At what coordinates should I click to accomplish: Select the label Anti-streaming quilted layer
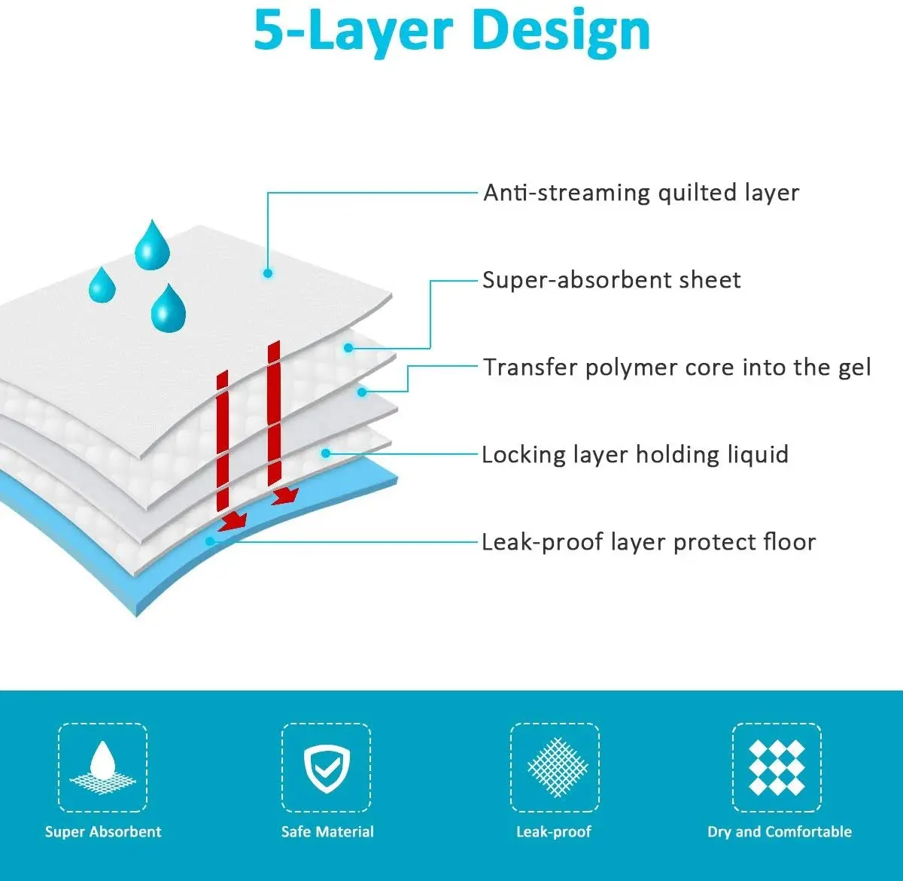[x=640, y=193]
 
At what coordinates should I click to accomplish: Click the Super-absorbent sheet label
[x=611, y=280]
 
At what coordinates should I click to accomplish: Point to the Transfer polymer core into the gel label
[x=676, y=367]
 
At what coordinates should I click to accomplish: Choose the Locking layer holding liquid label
[x=635, y=455]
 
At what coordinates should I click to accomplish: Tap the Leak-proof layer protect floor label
[x=649, y=542]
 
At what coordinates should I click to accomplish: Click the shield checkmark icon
[x=326, y=767]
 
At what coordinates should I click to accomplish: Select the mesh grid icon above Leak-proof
[x=555, y=767]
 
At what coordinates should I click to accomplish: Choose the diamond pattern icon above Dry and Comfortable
[x=777, y=767]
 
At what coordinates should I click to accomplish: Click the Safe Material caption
[x=327, y=832]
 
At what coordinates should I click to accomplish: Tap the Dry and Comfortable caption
[x=780, y=832]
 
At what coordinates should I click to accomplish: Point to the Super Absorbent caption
[x=103, y=832]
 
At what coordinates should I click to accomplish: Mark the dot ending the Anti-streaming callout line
[x=268, y=273]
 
